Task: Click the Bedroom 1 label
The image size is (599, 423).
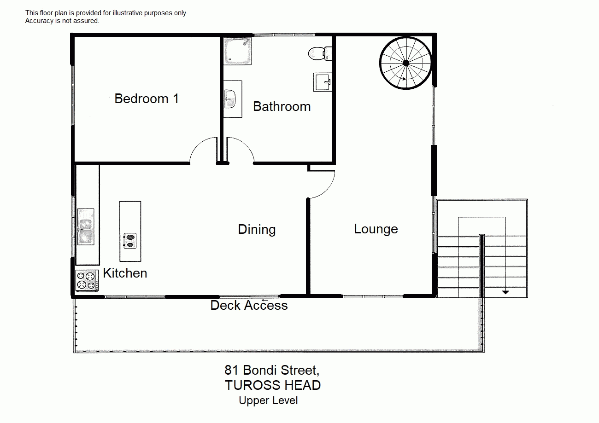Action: pos(147,99)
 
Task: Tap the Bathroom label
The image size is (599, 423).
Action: pos(282,106)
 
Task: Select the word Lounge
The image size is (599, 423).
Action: pos(376,229)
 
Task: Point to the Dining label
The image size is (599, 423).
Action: pos(257,229)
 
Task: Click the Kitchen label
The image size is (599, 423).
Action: pos(125,273)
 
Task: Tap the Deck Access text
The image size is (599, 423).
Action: pos(249,305)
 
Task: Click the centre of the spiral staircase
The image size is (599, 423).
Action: pos(406,63)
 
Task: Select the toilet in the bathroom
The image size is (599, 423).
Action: pos(318,53)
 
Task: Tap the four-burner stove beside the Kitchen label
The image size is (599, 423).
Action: pos(87,280)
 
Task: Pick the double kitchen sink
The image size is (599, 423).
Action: pos(86,226)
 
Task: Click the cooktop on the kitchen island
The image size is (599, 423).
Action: pos(130,240)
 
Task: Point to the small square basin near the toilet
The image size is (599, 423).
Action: pos(323,82)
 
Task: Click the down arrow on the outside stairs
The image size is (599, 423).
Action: pos(505,291)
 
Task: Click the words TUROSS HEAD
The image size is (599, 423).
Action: pos(272,385)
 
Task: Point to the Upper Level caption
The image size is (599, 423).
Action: pos(268,400)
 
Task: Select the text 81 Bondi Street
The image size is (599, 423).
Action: pos(271,370)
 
